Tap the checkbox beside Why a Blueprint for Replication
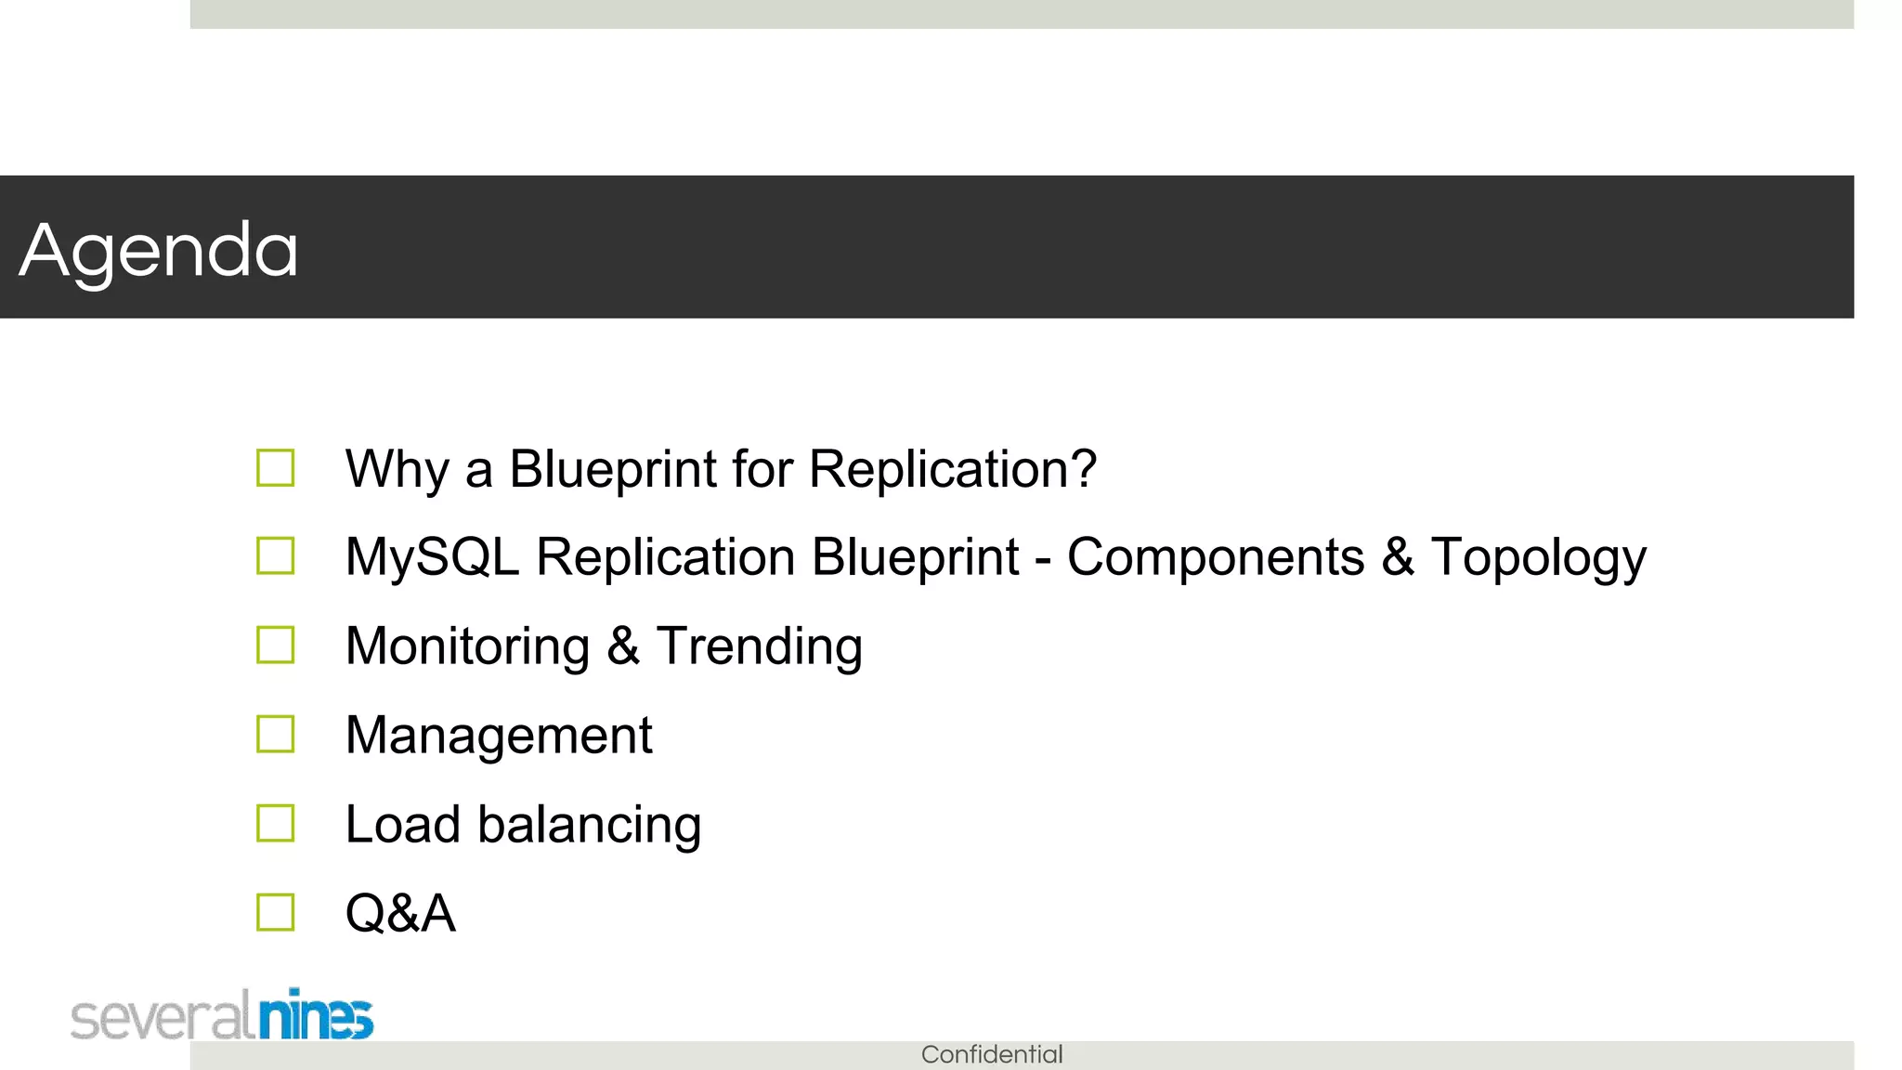coord(276,468)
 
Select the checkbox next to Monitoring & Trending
coord(276,645)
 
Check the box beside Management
coord(276,734)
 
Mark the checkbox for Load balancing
coord(276,823)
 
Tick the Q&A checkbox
coord(276,912)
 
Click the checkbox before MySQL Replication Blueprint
coord(276,556)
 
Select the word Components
coord(1215,557)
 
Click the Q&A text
coord(400,913)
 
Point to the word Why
coord(397,470)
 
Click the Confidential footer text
coord(992,1054)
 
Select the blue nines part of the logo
coord(316,1016)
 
